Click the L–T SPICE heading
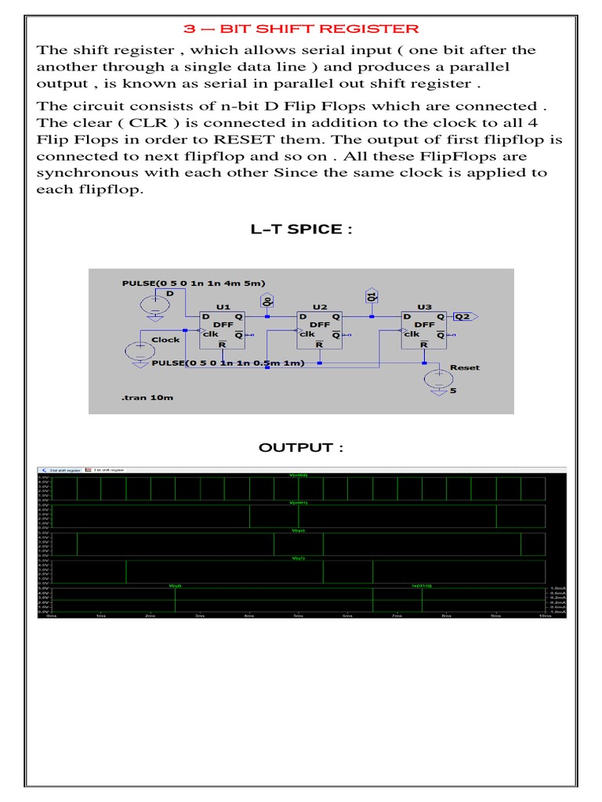coord(296,229)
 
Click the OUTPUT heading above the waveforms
coord(301,447)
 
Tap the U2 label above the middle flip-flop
coord(319,307)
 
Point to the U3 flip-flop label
coord(424,307)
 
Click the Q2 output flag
coord(463,316)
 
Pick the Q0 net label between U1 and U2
coord(267,300)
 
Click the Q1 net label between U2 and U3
coord(372,296)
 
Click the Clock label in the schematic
coord(165,340)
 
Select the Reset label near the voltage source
coord(465,367)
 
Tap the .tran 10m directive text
coord(147,398)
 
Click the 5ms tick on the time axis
coord(298,616)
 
